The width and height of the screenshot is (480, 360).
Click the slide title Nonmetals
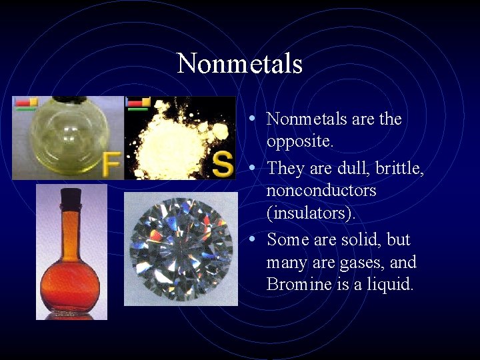click(240, 64)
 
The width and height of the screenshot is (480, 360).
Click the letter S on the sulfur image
click(223, 163)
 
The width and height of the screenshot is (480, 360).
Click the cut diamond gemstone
click(181, 248)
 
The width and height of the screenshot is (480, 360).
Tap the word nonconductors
click(321, 191)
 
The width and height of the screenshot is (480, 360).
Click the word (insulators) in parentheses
click(311, 214)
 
